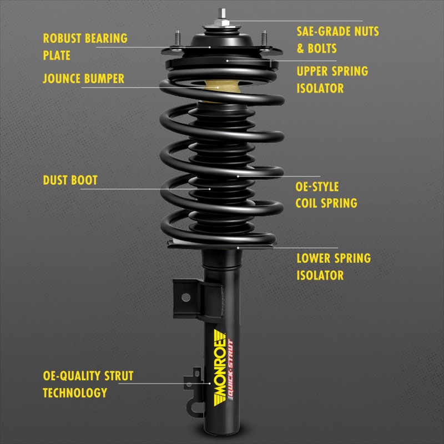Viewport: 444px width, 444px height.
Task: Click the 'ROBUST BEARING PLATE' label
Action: pos(85,47)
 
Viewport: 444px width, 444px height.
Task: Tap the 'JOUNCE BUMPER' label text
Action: pos(83,78)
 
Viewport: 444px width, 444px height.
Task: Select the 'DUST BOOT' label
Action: pos(70,180)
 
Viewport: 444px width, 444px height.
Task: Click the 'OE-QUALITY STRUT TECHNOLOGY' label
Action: pos(88,384)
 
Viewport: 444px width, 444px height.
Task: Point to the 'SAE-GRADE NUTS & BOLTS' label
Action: pos(337,39)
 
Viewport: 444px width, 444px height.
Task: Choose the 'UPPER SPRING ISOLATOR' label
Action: pos(332,79)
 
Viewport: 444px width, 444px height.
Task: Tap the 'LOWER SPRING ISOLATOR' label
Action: pos(333,266)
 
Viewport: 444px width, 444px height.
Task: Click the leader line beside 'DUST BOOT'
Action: pos(144,189)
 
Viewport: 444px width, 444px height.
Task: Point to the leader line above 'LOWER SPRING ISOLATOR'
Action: pos(289,248)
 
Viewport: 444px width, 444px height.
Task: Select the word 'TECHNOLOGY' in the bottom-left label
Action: pos(75,392)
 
